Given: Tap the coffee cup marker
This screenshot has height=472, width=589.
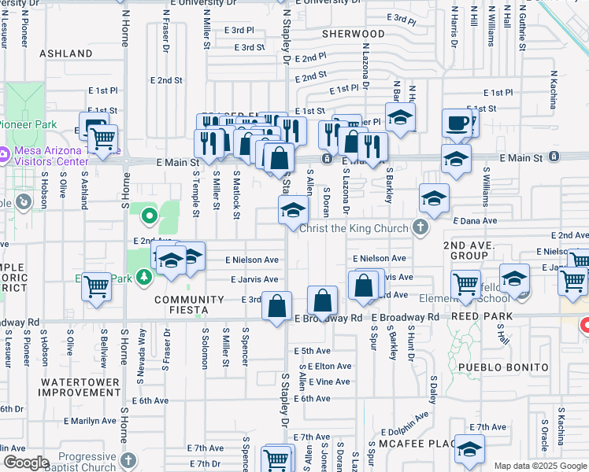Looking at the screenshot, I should pos(457,124).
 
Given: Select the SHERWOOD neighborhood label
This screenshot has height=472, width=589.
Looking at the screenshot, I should pos(354,34).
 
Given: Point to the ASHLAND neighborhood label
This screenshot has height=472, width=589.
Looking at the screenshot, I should pos(65,53).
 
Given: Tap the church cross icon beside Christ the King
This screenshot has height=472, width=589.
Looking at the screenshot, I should pos(421,228).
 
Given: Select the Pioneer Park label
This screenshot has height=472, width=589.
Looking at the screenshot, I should pos(28,124).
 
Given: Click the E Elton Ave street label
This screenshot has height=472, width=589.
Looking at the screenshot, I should pos(329,367).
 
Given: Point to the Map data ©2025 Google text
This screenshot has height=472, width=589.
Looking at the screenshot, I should pos(540,466).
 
